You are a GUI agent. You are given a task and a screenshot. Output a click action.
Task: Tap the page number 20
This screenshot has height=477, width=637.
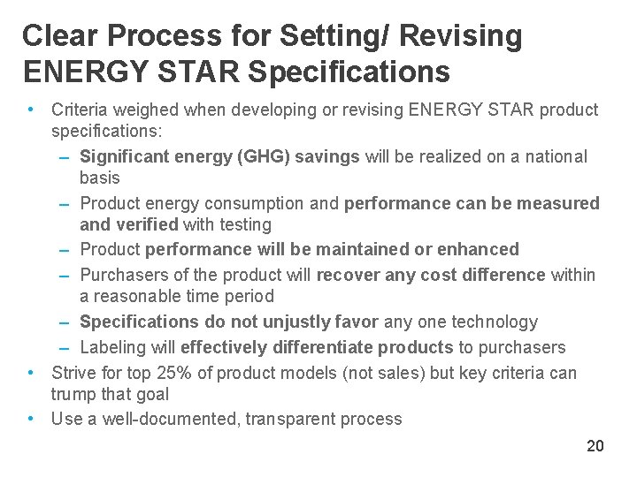coord(595,446)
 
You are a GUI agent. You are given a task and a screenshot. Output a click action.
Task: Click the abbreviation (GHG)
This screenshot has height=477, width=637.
coord(264,157)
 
